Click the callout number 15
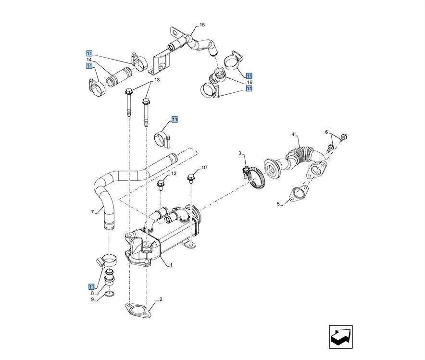(202, 25)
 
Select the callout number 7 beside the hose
(92, 211)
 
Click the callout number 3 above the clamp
(240, 153)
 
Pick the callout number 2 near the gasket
(161, 299)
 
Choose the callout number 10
(204, 168)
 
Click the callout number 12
(174, 173)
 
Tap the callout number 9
(92, 299)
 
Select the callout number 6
(326, 132)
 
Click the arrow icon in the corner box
(341, 336)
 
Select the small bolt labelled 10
(191, 178)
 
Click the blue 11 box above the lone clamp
(175, 119)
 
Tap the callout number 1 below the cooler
(171, 265)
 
